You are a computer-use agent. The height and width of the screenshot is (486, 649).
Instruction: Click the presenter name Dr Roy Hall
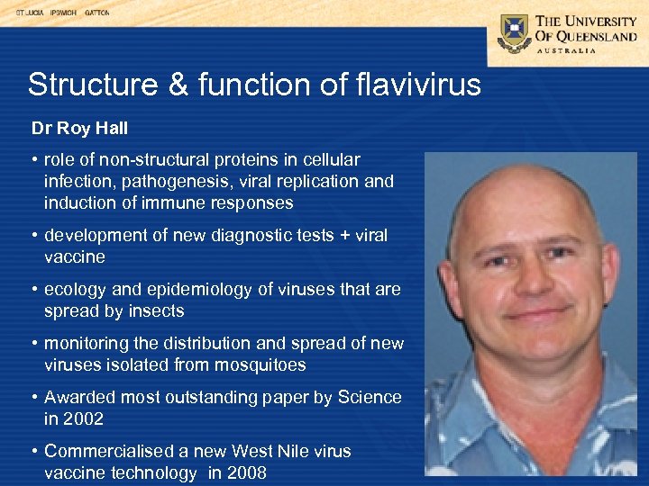point(80,129)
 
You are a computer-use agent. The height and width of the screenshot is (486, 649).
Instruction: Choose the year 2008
point(246,472)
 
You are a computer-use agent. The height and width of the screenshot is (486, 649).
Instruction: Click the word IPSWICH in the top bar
point(63,13)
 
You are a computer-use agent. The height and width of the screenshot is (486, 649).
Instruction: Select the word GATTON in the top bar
point(97,13)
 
